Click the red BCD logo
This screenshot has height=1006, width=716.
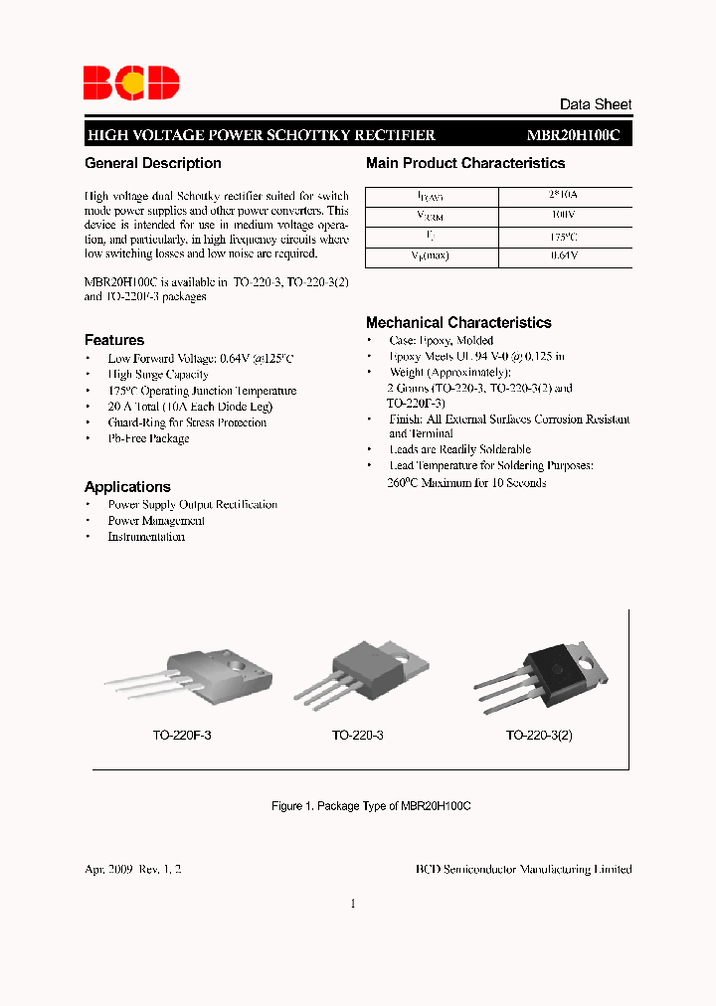pos(130,83)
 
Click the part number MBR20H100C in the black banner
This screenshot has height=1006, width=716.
pos(573,136)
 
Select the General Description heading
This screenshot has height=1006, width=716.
pos(153,163)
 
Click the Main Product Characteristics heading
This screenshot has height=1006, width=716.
pos(465,163)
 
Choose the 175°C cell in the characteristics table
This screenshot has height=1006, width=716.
pos(564,237)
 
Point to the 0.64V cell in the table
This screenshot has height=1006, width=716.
pos(564,256)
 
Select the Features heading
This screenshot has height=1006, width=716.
pos(114,340)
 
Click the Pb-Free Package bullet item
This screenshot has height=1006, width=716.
pos(148,438)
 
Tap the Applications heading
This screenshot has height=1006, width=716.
pos(127,487)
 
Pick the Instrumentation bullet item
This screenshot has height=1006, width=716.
pos(146,537)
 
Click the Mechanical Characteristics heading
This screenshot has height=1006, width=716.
pos(458,323)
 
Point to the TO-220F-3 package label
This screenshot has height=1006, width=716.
pos(182,737)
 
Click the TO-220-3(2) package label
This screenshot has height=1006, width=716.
pos(539,737)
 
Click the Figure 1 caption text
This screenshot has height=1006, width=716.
pos(371,806)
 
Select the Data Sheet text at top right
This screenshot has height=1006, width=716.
pos(596,104)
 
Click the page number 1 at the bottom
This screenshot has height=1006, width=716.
pos(353,904)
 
